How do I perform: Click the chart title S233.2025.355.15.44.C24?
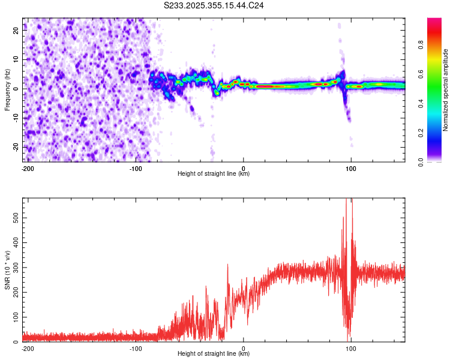(214, 5)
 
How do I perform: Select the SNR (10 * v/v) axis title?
(7, 270)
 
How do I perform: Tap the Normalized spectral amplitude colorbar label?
(446, 90)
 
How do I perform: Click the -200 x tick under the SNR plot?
(27, 348)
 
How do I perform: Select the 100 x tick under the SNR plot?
(351, 348)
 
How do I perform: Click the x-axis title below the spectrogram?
(214, 174)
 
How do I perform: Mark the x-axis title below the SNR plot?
(214, 354)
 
